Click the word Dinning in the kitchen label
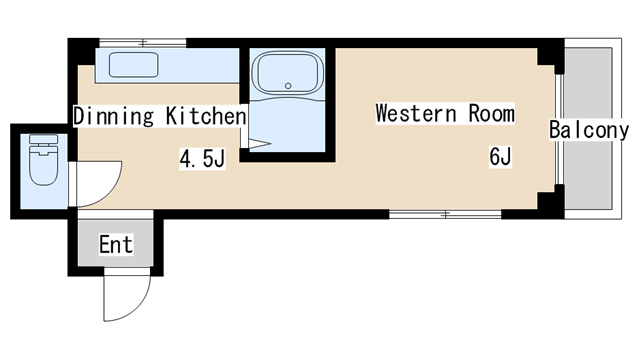[114, 116]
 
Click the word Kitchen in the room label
[206, 116]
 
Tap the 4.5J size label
[202, 159]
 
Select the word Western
[416, 113]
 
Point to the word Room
[491, 113]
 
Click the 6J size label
[500, 156]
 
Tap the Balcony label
[589, 130]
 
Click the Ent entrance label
[116, 244]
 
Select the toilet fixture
[43, 160]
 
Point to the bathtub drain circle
[288, 86]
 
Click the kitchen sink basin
[133, 64]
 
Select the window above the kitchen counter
[143, 42]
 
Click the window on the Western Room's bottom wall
[445, 214]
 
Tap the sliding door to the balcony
[560, 129]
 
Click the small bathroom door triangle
[259, 144]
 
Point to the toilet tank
[43, 139]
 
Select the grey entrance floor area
[116, 243]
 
